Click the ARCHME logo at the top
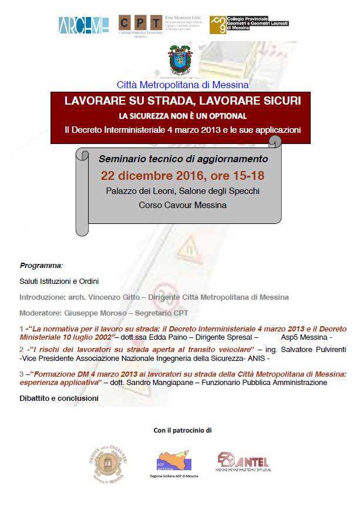point(84,25)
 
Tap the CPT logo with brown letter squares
point(140,23)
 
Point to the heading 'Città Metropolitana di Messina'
point(183,85)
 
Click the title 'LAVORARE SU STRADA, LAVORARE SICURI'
point(183,101)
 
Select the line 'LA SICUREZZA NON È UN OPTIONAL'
point(183,116)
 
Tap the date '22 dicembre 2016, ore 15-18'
point(183,175)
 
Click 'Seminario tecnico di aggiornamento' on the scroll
point(183,159)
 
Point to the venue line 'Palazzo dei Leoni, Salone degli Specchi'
point(183,191)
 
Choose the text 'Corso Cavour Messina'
point(183,205)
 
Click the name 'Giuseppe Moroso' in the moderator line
point(94,313)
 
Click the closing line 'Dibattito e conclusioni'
point(59,399)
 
